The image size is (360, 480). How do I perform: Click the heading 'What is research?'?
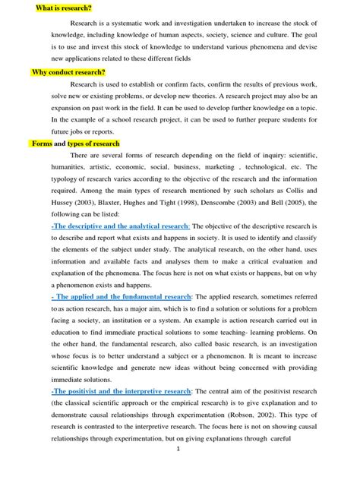click(64, 8)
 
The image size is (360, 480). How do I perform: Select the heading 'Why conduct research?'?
click(68, 73)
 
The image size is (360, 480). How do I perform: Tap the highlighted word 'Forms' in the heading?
click(42, 143)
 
